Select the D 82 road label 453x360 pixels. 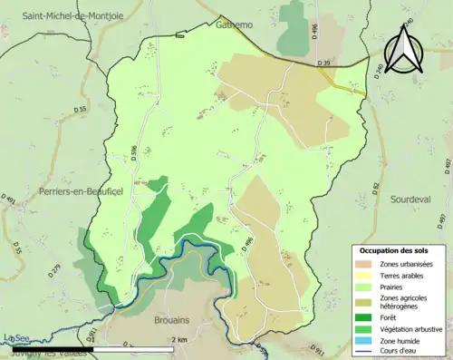coord(375,188)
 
